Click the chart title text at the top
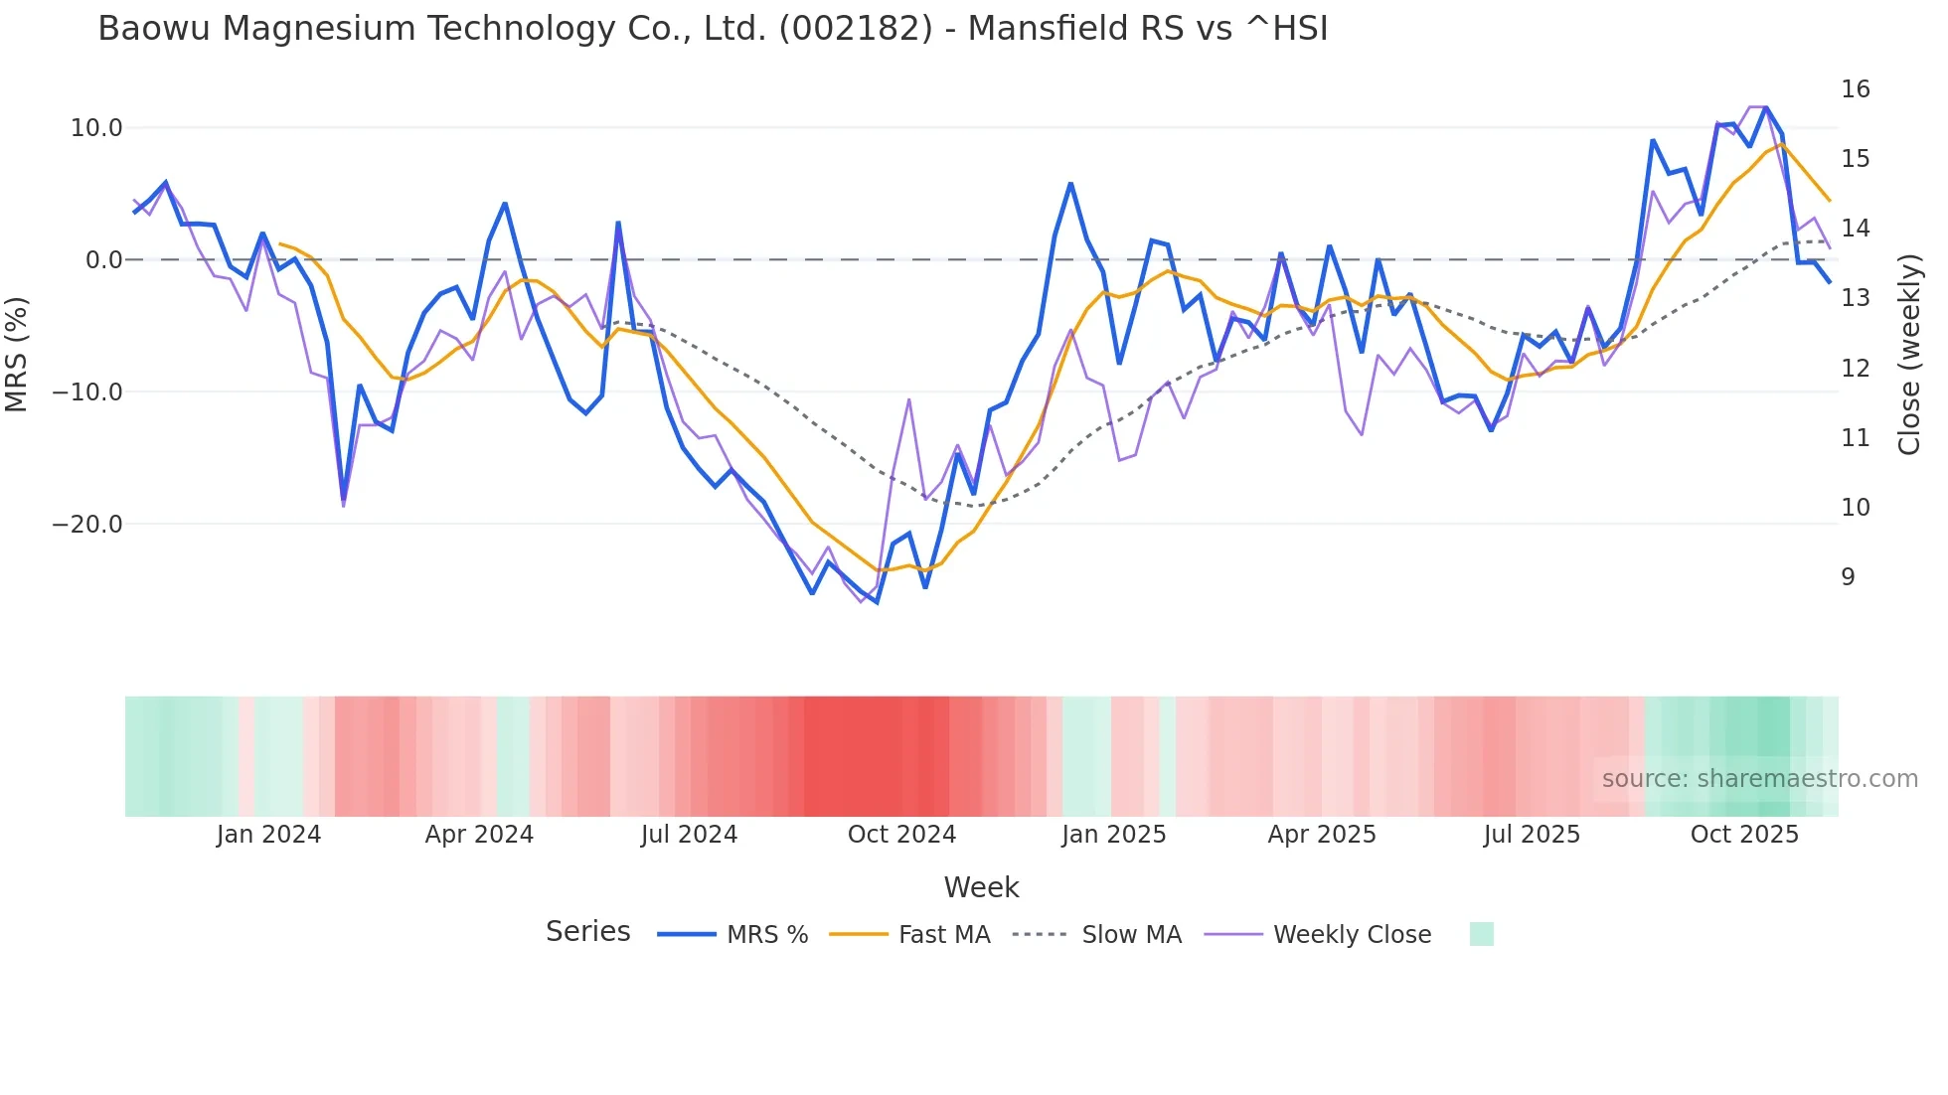tap(713, 29)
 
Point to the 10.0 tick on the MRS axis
tap(96, 128)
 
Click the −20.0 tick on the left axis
tap(87, 525)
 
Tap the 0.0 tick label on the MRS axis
tap(103, 260)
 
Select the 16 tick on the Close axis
tap(1855, 89)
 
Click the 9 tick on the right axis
tap(1848, 577)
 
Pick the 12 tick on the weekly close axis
tap(1855, 369)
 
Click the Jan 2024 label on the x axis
tap(268, 835)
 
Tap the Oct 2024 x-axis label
tap(901, 835)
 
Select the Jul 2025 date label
tap(1532, 835)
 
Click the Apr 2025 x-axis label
tap(1322, 835)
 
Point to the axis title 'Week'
tap(981, 887)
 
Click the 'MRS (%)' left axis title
tap(17, 354)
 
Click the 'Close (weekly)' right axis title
tap(1909, 355)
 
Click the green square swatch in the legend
tap(1481, 934)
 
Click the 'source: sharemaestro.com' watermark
tap(1759, 779)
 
